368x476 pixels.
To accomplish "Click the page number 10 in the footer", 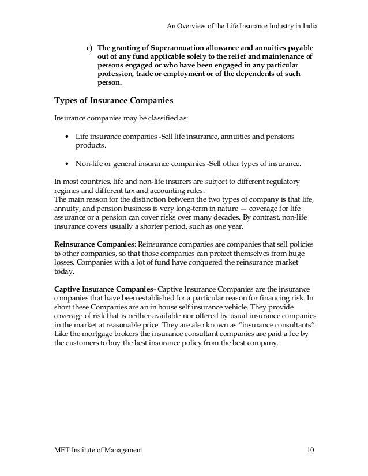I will point(311,448).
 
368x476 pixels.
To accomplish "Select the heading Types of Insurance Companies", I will point(114,100).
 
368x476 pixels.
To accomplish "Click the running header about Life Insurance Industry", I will point(242,26).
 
